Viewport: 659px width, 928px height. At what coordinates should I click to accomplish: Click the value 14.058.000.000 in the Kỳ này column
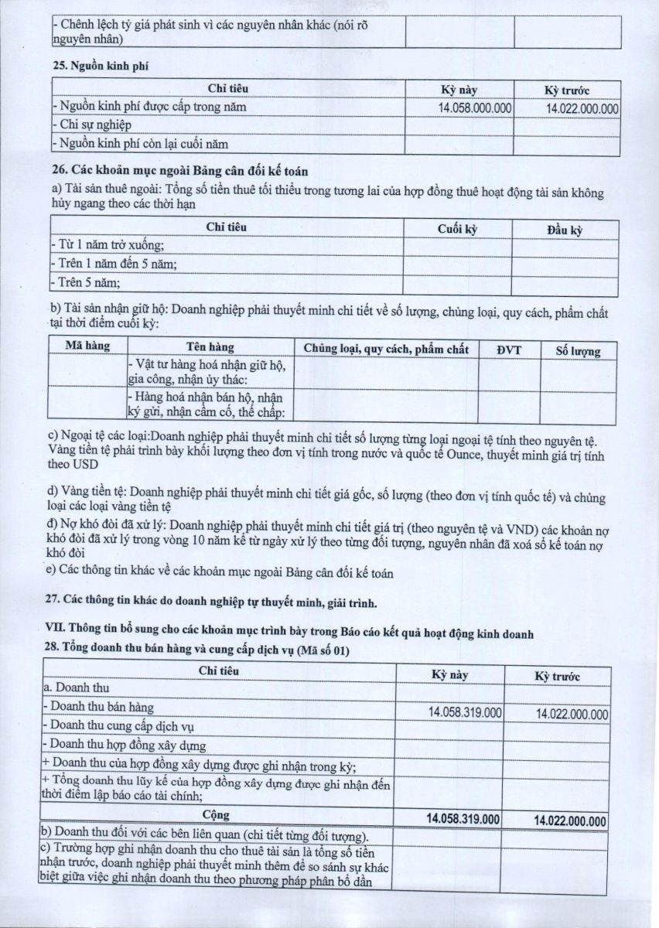tap(475, 108)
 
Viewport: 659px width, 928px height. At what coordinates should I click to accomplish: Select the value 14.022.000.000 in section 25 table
tap(582, 109)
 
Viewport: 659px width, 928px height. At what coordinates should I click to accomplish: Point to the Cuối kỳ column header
tap(456, 229)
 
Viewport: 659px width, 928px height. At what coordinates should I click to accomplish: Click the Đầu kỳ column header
tap(565, 230)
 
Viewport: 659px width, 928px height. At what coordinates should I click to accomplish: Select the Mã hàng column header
tap(87, 346)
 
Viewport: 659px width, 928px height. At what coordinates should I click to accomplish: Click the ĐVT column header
tap(509, 350)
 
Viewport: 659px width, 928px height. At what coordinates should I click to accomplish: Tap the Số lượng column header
tap(578, 351)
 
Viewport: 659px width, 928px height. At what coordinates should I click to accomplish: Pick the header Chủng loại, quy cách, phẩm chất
tap(386, 349)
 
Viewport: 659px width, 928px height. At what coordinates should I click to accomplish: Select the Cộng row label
tap(217, 814)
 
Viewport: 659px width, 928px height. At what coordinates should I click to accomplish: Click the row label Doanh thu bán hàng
tap(99, 707)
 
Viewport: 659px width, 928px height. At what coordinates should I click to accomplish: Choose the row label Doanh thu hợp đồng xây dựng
tap(124, 745)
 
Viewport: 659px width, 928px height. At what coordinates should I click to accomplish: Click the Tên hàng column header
tap(210, 347)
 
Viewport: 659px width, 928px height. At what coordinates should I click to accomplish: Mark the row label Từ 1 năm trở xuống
tap(108, 245)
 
